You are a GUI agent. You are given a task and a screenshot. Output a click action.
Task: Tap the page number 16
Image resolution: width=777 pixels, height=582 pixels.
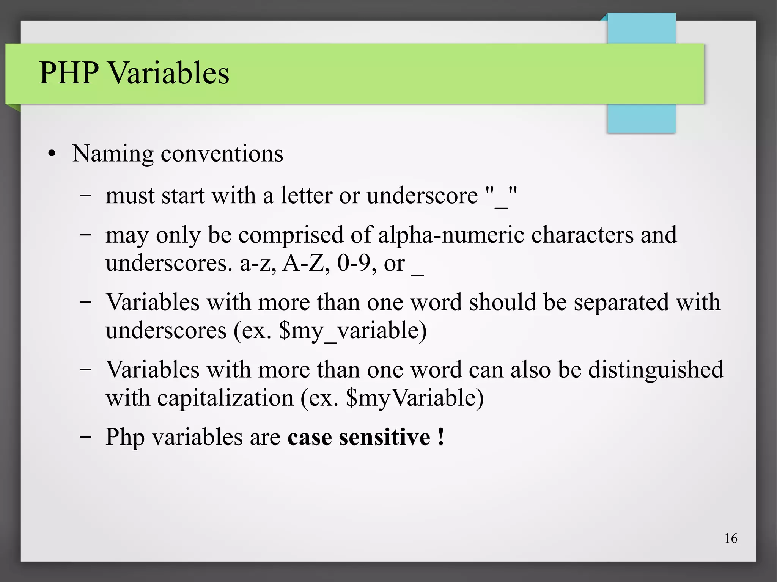(x=731, y=538)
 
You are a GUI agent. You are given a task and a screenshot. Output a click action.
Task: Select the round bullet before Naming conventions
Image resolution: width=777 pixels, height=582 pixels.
(x=52, y=154)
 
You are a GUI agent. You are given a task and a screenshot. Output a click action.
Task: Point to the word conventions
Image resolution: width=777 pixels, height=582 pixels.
(x=222, y=154)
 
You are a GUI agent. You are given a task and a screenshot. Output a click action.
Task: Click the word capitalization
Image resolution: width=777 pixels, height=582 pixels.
(x=225, y=398)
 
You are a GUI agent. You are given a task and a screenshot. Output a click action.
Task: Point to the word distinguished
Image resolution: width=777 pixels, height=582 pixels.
(x=656, y=370)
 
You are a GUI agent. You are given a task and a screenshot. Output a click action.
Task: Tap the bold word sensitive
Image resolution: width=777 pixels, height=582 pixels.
(x=384, y=437)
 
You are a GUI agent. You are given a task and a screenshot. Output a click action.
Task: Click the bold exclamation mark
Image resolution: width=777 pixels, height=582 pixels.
(x=440, y=437)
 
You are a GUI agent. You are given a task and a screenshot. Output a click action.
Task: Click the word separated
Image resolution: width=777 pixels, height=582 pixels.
(x=621, y=302)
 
